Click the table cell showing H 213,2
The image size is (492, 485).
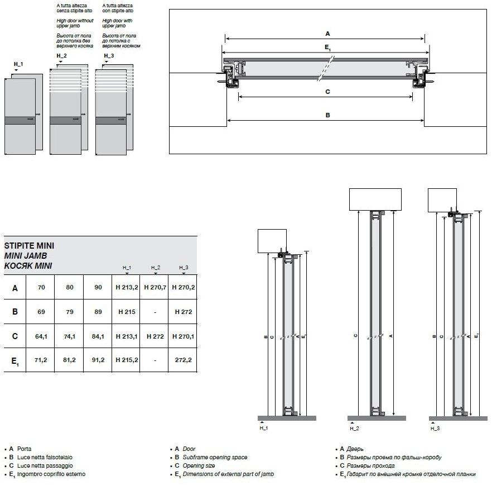pyautogui.click(x=127, y=288)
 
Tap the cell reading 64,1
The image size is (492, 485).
pyautogui.click(x=41, y=336)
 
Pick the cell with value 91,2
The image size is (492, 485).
pyautogui.click(x=98, y=360)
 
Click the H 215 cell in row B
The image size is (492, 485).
pyautogui.click(x=127, y=312)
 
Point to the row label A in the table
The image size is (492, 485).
pyautogui.click(x=15, y=288)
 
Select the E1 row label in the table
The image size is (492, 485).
pyautogui.click(x=15, y=362)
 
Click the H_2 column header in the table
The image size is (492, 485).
pyautogui.click(x=155, y=268)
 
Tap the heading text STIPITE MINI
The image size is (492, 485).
pyautogui.click(x=29, y=245)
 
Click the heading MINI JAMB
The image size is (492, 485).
pyautogui.click(x=26, y=255)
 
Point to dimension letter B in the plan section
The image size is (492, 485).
pyautogui.click(x=328, y=115)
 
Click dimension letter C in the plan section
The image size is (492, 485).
pyautogui.click(x=328, y=91)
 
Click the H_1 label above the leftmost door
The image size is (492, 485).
pyautogui.click(x=18, y=65)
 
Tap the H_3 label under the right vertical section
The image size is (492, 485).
pyautogui.click(x=435, y=428)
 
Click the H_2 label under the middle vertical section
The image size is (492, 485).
pyautogui.click(x=354, y=428)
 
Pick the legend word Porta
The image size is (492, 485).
pyautogui.click(x=25, y=449)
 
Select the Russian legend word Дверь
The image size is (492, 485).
pyautogui.click(x=356, y=449)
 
